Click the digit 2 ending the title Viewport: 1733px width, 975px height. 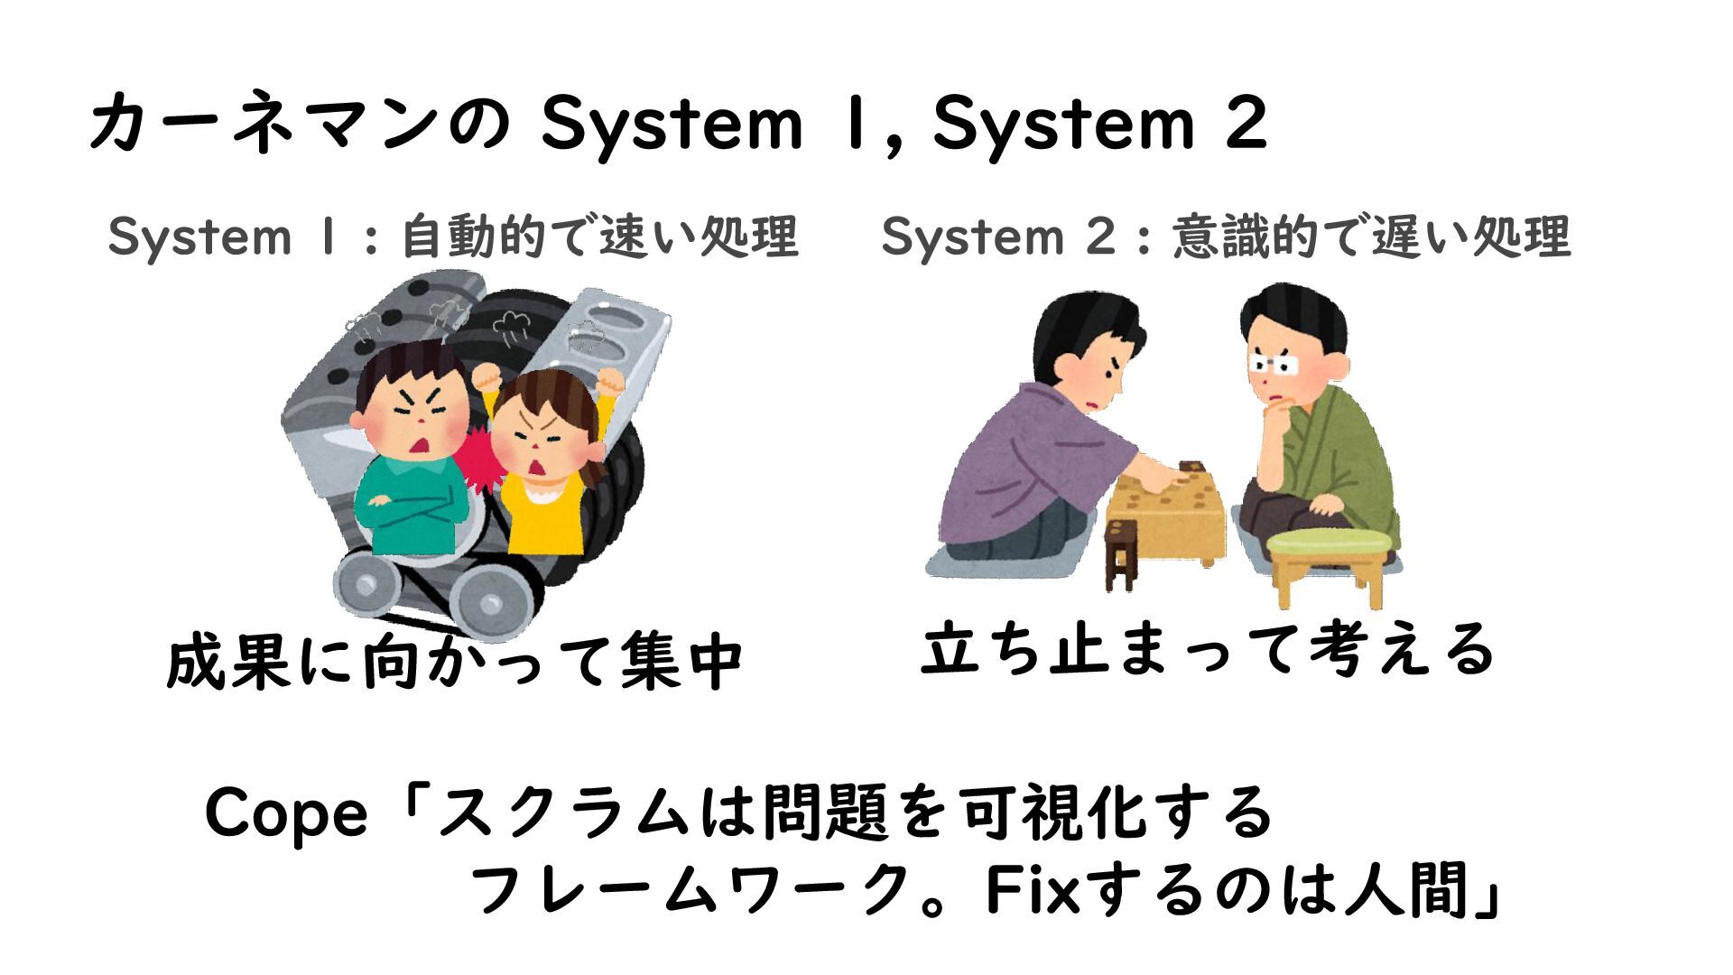click(1246, 125)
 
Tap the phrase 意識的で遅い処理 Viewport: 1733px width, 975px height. click(1372, 237)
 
